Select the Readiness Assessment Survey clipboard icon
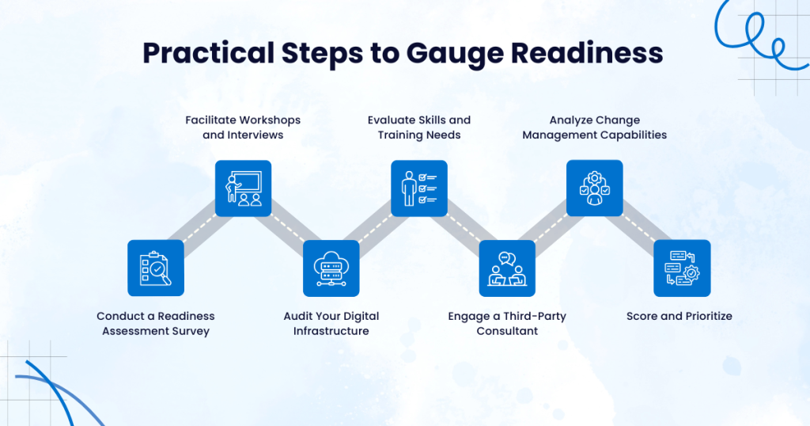[156, 268]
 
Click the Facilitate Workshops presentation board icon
[244, 188]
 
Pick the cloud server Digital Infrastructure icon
[331, 268]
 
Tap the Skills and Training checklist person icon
[419, 188]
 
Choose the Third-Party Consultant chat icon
[507, 268]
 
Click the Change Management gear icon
[594, 188]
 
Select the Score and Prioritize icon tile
[682, 268]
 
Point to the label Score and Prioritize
[679, 316]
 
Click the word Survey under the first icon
[190, 331]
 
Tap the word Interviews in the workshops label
[255, 135]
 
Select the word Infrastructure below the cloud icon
[331, 331]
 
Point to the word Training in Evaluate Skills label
[403, 135]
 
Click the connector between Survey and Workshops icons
[200, 228]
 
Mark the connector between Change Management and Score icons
[638, 228]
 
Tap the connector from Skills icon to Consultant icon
[463, 228]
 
